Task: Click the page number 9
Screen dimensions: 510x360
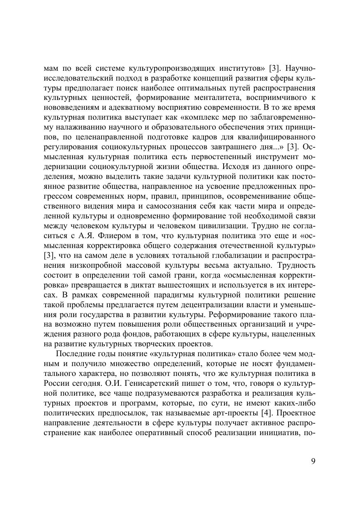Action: (313, 461)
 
